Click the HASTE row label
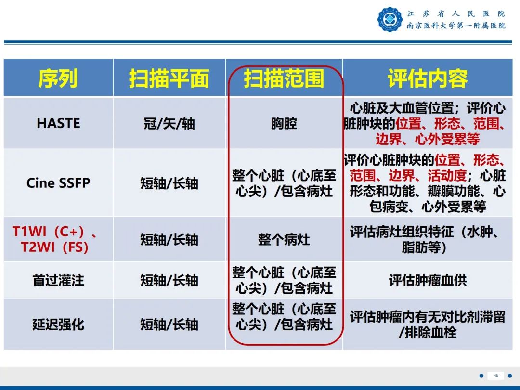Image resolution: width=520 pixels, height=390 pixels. (x=58, y=123)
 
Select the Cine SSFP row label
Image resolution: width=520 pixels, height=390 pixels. (x=58, y=183)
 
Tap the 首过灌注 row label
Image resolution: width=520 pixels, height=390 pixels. (x=58, y=280)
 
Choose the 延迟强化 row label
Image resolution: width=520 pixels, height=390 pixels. (x=58, y=324)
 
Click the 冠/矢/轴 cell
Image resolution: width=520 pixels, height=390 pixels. (x=169, y=124)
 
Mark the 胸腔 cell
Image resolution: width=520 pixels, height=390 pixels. (x=284, y=124)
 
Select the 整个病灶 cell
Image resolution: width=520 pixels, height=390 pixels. (x=284, y=239)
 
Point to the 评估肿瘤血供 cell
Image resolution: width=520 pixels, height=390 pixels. (x=428, y=280)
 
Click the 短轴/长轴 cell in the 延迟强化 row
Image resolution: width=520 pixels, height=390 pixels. (x=169, y=324)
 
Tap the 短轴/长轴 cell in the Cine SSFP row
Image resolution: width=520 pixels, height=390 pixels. (x=169, y=183)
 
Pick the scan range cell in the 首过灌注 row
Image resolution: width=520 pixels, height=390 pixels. (x=284, y=280)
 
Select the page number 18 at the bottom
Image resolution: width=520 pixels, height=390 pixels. (x=496, y=376)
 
